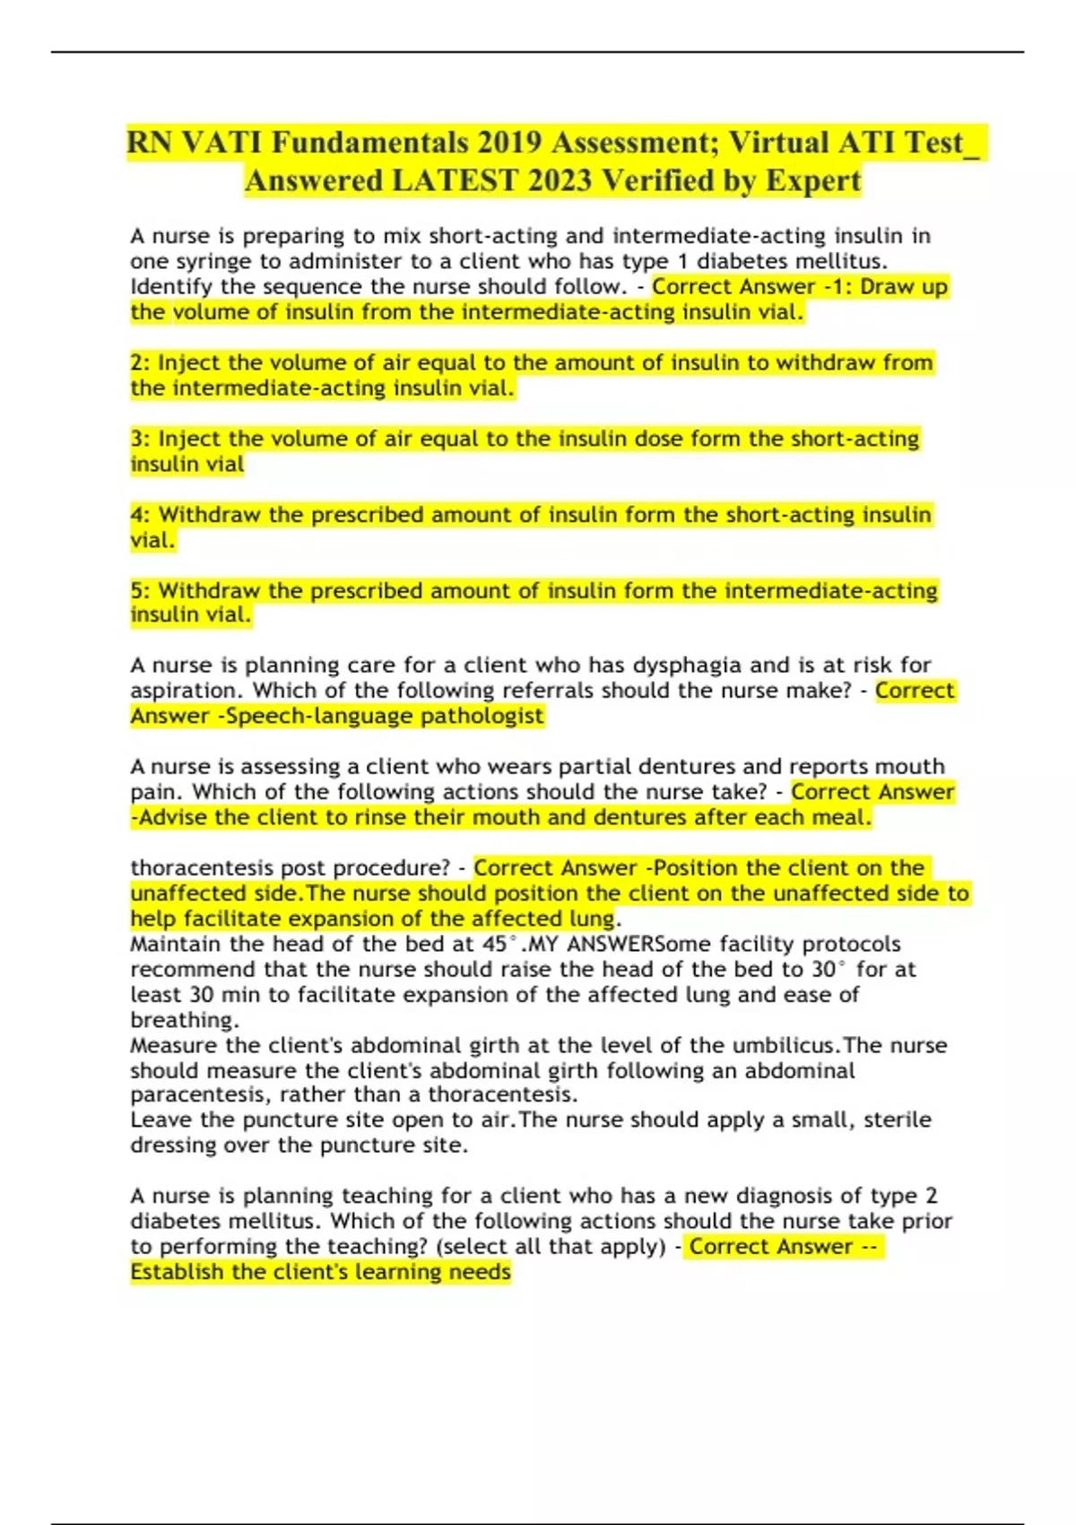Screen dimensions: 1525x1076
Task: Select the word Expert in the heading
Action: pyautogui.click(x=812, y=181)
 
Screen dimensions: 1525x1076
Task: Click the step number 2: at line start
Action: pyautogui.click(x=141, y=362)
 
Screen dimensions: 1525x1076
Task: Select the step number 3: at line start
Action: pyautogui.click(x=141, y=439)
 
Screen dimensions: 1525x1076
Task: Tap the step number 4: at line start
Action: pyautogui.click(x=141, y=515)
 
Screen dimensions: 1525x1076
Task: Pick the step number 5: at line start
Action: pyautogui.click(x=141, y=591)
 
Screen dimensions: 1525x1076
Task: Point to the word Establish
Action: pyautogui.click(x=177, y=1272)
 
